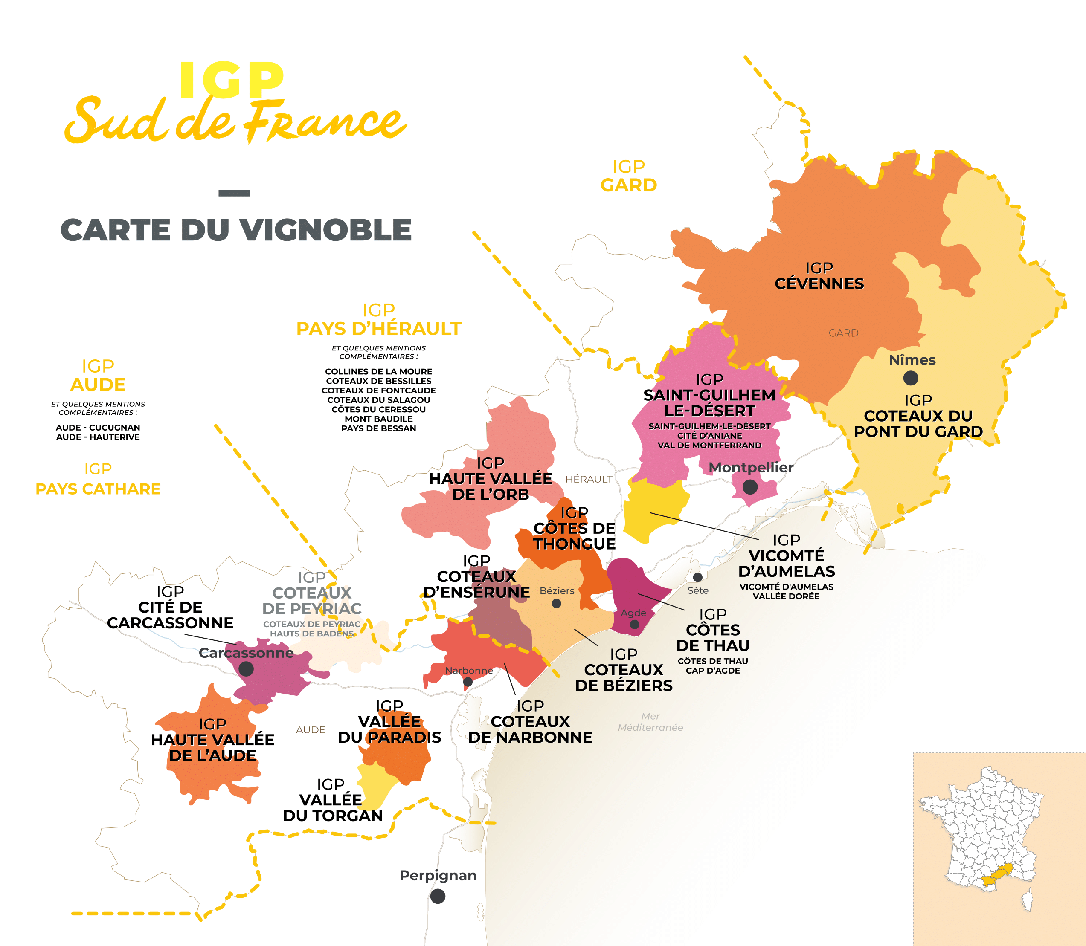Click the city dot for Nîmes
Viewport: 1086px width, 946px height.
[x=910, y=378]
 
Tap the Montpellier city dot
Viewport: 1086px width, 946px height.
[x=750, y=487]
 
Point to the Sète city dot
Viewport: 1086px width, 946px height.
[x=697, y=577]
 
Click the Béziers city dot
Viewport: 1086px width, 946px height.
[x=556, y=603]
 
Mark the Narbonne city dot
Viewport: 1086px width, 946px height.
[x=468, y=682]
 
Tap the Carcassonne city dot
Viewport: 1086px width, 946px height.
[x=246, y=669]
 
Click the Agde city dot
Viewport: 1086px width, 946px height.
[x=634, y=625]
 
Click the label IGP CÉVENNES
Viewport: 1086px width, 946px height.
[x=819, y=276]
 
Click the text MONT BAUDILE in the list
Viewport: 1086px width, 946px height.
[x=378, y=419]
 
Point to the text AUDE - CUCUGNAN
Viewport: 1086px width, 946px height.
[x=98, y=427]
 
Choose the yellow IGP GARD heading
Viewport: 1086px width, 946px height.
[x=629, y=176]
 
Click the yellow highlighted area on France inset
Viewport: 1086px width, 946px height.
[x=996, y=877]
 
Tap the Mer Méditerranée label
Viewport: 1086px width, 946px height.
[x=650, y=722]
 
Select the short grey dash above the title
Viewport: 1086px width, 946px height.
[x=234, y=193]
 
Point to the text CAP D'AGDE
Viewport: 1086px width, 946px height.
[x=713, y=671]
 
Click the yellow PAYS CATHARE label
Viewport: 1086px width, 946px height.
[x=98, y=489]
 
